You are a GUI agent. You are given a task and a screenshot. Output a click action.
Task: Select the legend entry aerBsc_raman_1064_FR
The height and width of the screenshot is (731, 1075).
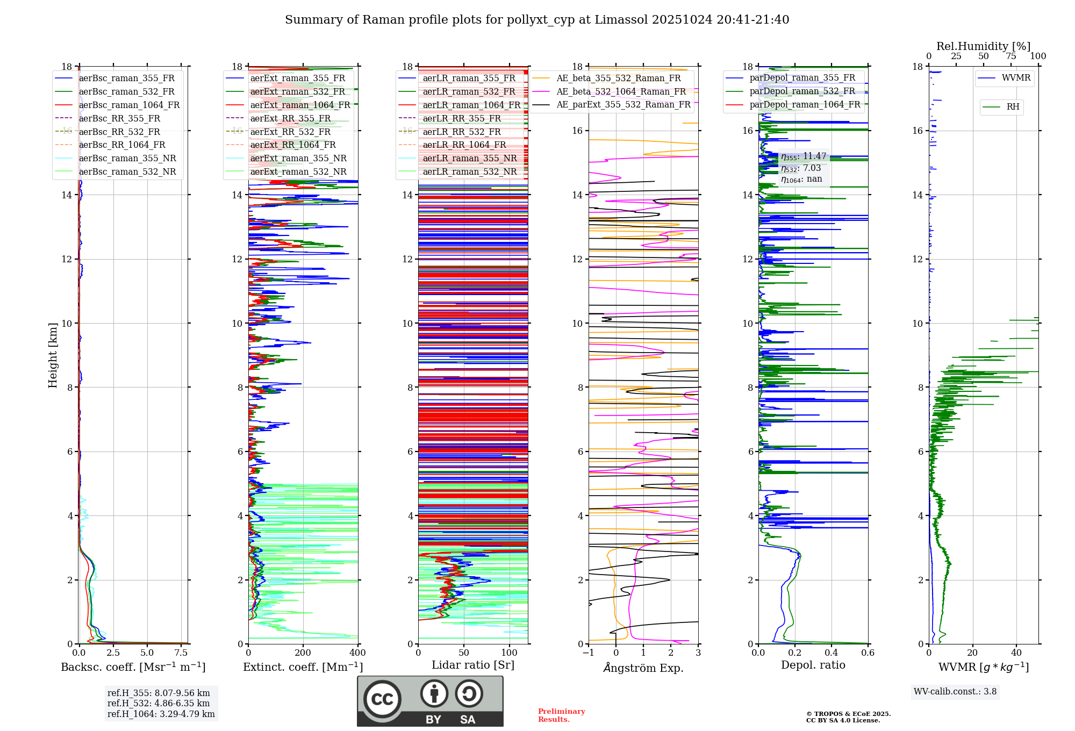tap(129, 105)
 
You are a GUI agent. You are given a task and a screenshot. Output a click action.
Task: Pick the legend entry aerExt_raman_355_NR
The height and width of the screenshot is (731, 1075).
tap(298, 159)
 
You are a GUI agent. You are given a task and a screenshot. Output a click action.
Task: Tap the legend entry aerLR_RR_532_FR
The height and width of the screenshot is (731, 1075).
tap(461, 132)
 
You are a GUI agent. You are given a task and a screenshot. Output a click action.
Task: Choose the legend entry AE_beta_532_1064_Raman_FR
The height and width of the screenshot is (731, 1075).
tap(621, 92)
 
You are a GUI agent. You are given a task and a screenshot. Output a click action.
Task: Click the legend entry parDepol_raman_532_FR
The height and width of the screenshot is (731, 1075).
tap(802, 91)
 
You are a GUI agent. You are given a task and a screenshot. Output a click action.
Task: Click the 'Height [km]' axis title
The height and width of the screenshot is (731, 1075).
tap(53, 355)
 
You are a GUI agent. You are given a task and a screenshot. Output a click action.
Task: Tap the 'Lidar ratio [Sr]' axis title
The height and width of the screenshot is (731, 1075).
tap(472, 665)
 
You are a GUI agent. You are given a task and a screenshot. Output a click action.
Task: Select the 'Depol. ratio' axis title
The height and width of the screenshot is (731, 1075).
tap(813, 665)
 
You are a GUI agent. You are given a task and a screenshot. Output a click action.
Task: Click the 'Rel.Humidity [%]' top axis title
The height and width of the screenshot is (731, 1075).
tap(983, 46)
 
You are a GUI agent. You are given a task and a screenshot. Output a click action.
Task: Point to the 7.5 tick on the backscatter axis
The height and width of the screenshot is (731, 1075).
tap(181, 653)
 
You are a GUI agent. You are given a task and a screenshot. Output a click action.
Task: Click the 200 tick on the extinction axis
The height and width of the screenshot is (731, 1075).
tap(303, 653)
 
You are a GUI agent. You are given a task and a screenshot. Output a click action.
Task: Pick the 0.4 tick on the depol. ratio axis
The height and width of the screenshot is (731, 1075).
tap(832, 653)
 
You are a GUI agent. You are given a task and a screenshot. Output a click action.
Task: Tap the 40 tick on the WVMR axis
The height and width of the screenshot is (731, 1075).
tap(1016, 653)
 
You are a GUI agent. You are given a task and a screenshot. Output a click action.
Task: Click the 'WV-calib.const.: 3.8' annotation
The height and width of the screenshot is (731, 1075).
tap(955, 692)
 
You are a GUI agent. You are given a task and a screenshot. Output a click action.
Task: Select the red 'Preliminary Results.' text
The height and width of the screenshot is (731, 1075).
tap(561, 715)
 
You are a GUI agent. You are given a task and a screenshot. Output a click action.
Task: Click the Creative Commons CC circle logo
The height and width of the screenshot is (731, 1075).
tap(382, 699)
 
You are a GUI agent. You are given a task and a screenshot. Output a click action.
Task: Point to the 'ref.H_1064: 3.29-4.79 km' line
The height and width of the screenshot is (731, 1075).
tap(161, 714)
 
